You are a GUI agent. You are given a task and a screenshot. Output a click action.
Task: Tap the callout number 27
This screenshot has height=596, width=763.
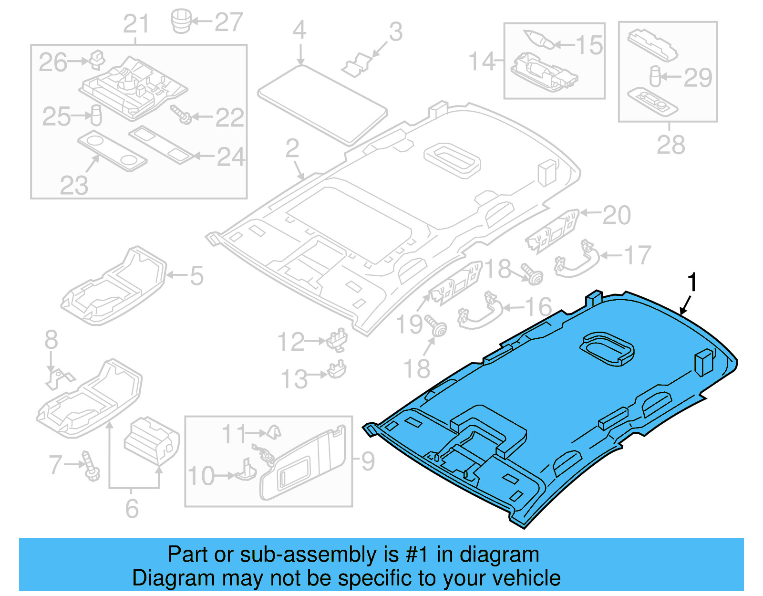click(x=228, y=22)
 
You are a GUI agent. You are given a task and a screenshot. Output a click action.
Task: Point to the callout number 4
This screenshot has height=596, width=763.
click(x=299, y=30)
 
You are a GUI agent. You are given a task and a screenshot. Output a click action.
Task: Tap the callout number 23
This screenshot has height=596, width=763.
click(x=74, y=185)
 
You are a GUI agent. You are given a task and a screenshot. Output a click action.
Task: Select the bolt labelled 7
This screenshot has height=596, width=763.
click(x=90, y=466)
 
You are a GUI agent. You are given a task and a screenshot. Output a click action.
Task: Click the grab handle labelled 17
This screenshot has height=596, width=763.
click(x=577, y=261)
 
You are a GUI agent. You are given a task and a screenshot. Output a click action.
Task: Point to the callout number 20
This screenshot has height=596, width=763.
click(x=617, y=215)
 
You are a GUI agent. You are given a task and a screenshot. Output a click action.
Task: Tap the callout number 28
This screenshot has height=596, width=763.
click(x=670, y=145)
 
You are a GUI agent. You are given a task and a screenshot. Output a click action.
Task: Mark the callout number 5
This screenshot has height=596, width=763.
click(x=196, y=276)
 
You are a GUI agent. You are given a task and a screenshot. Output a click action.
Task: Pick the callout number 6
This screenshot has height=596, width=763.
click(x=132, y=508)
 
